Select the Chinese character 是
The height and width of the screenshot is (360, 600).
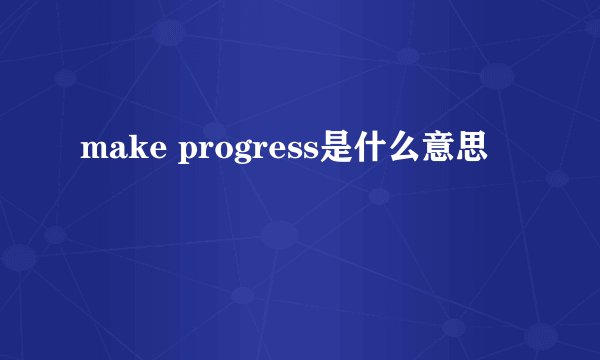337,151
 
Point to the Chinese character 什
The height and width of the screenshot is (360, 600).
371,151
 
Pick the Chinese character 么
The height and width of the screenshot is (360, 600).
405,151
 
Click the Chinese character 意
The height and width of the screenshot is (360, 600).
439,151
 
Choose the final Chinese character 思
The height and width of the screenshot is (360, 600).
473,151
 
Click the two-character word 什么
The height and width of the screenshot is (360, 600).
388,151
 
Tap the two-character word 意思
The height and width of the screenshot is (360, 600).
456,151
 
